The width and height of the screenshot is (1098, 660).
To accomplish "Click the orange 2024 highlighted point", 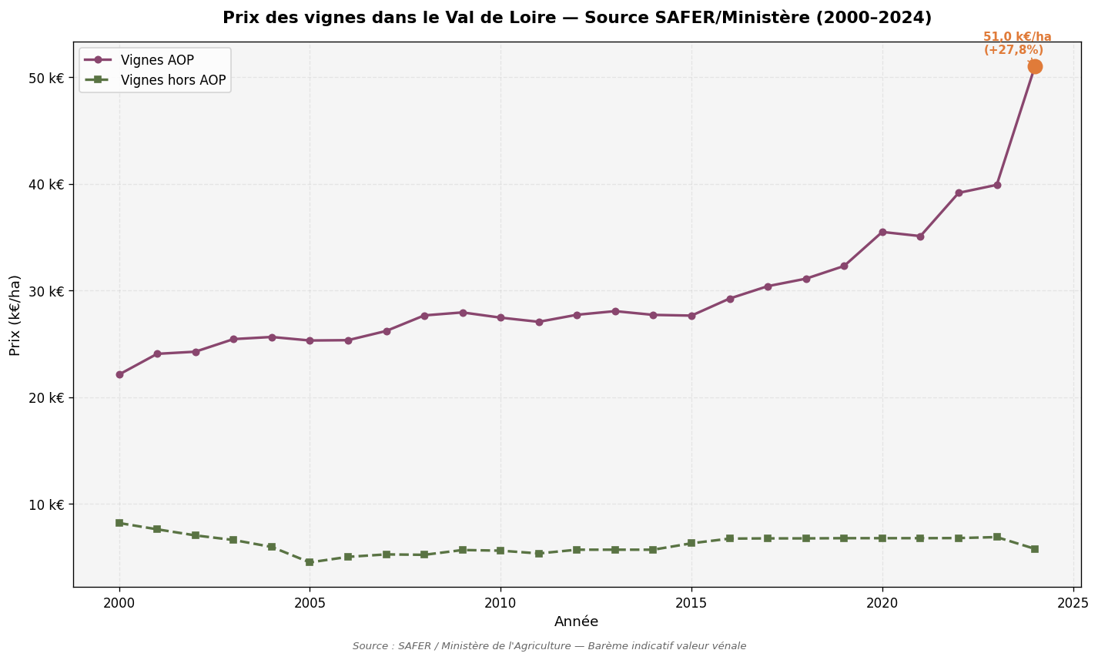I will (x=1034, y=66).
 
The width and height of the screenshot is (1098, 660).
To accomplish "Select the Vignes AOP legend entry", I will (x=157, y=60).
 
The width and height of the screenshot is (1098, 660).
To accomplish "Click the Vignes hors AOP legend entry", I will (x=172, y=80).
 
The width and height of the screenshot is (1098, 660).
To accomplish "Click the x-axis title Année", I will (x=576, y=621).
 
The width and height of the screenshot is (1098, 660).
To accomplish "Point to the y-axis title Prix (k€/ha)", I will (x=15, y=315).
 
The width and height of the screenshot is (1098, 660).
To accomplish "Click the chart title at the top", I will (x=576, y=18).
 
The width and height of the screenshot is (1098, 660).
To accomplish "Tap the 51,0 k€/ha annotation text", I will (x=1016, y=37).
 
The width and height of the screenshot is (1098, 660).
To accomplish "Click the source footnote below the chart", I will (x=549, y=646).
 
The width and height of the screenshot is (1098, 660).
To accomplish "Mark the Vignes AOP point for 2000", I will (x=119, y=374).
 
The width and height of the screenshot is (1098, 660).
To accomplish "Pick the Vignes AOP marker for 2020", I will (x=882, y=232).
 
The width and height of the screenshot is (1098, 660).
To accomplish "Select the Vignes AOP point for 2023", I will (x=996, y=185).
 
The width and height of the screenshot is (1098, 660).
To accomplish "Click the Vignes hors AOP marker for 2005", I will (x=310, y=562).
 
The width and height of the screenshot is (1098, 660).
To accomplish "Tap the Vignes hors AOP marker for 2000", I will (x=119, y=523).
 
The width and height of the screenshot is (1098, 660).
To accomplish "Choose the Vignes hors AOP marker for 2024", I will (x=1034, y=549).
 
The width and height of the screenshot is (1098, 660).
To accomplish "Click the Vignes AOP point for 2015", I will (x=691, y=316).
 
